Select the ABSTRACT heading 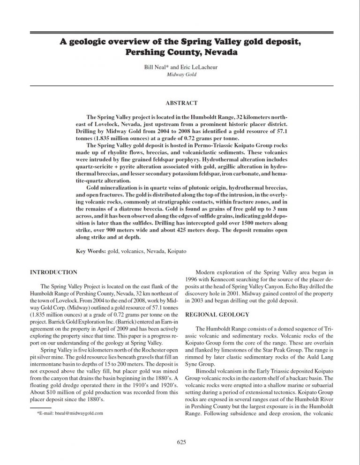click(x=181, y=103)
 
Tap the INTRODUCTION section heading click(x=54, y=272)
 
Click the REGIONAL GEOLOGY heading click(x=217, y=314)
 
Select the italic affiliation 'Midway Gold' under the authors click(x=180, y=75)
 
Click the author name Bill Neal click(x=155, y=67)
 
